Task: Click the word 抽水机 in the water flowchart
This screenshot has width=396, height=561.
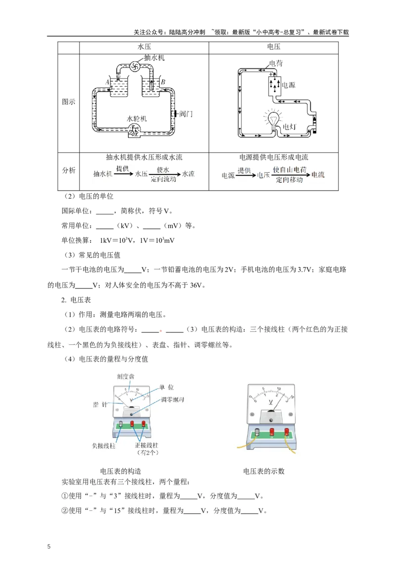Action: [x=102, y=174]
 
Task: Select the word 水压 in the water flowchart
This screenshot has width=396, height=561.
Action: [x=141, y=174]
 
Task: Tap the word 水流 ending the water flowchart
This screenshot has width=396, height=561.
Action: [x=189, y=174]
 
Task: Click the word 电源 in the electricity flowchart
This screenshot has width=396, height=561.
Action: [x=228, y=175]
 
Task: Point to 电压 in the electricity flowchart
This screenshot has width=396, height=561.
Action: [x=264, y=175]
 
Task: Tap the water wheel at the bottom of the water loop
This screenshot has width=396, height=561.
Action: [x=133, y=130]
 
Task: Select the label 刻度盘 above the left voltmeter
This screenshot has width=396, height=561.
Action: [x=125, y=377]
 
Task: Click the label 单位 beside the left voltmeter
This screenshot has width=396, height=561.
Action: [x=166, y=387]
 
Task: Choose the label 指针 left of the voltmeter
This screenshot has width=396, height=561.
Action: [x=100, y=404]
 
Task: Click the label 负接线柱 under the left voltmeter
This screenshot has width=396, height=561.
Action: [x=103, y=446]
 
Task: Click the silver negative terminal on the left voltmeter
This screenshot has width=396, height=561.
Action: [x=120, y=424]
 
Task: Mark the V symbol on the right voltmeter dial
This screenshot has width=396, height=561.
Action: [x=270, y=402]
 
